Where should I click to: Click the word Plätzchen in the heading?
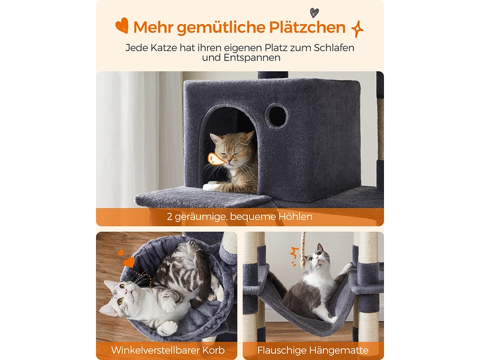307,27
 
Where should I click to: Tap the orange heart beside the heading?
122,25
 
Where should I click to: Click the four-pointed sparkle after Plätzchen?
357,29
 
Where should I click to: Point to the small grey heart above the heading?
314,13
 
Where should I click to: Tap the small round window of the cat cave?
276,115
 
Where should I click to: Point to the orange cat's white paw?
212,185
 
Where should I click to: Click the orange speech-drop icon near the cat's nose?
217,159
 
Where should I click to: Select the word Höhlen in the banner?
295,217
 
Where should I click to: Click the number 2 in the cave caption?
170,217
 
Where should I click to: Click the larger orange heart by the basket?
129,262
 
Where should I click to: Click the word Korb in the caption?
215,350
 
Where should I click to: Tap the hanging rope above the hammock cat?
303,250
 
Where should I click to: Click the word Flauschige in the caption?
281,350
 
